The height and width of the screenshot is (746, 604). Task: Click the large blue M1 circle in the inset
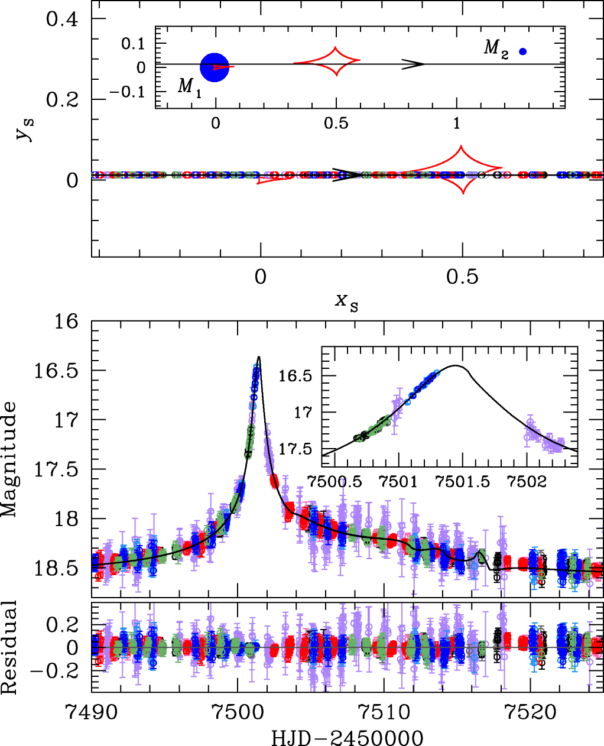tap(215, 67)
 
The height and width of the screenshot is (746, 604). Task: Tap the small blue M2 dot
tap(523, 51)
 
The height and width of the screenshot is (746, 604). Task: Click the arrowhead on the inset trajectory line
tap(415, 64)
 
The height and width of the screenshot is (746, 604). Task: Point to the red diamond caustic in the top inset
tap(335, 61)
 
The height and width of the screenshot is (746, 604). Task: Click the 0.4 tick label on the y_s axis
tap(62, 19)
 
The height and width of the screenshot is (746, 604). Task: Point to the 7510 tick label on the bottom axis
tap(384, 713)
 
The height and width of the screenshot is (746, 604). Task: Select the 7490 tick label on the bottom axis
tap(92, 713)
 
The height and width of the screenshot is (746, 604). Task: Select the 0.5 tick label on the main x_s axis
tap(463, 277)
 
